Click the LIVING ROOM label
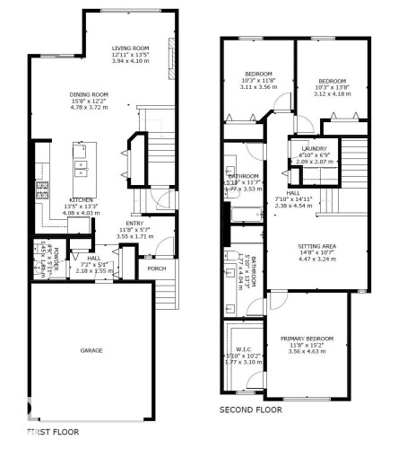(x=129, y=49)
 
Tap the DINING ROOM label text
(x=89, y=94)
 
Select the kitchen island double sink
(x=81, y=165)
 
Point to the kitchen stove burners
(x=39, y=189)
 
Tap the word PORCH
(x=156, y=268)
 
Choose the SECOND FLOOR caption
(x=251, y=409)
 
